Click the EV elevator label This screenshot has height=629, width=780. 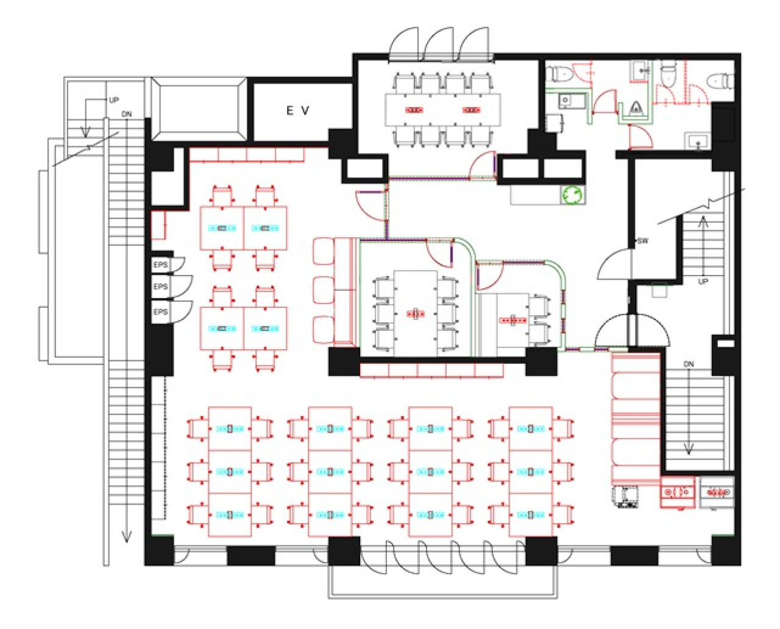pyautogui.click(x=297, y=110)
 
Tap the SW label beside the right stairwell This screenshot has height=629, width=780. pyautogui.click(x=643, y=241)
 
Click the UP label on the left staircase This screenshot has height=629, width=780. pyautogui.click(x=114, y=100)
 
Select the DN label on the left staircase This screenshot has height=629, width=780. pyautogui.click(x=127, y=114)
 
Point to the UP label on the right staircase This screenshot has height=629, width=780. pyautogui.click(x=703, y=282)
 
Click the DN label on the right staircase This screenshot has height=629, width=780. pyautogui.click(x=689, y=364)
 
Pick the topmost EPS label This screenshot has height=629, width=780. pyautogui.click(x=160, y=265)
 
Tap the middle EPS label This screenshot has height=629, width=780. pyautogui.click(x=160, y=286)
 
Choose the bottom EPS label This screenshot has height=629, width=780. pyautogui.click(x=160, y=312)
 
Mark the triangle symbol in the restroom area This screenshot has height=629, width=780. pyautogui.click(x=636, y=108)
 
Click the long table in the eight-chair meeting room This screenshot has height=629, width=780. pyautogui.click(x=442, y=110)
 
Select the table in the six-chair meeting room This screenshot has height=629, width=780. pyautogui.click(x=416, y=313)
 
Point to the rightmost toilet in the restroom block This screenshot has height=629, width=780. pyautogui.click(x=720, y=81)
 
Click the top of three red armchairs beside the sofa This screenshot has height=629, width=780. pyautogui.click(x=324, y=251)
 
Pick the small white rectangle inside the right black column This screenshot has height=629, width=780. pyautogui.click(x=726, y=343)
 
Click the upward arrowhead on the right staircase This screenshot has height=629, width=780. pyautogui.click(x=703, y=222)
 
